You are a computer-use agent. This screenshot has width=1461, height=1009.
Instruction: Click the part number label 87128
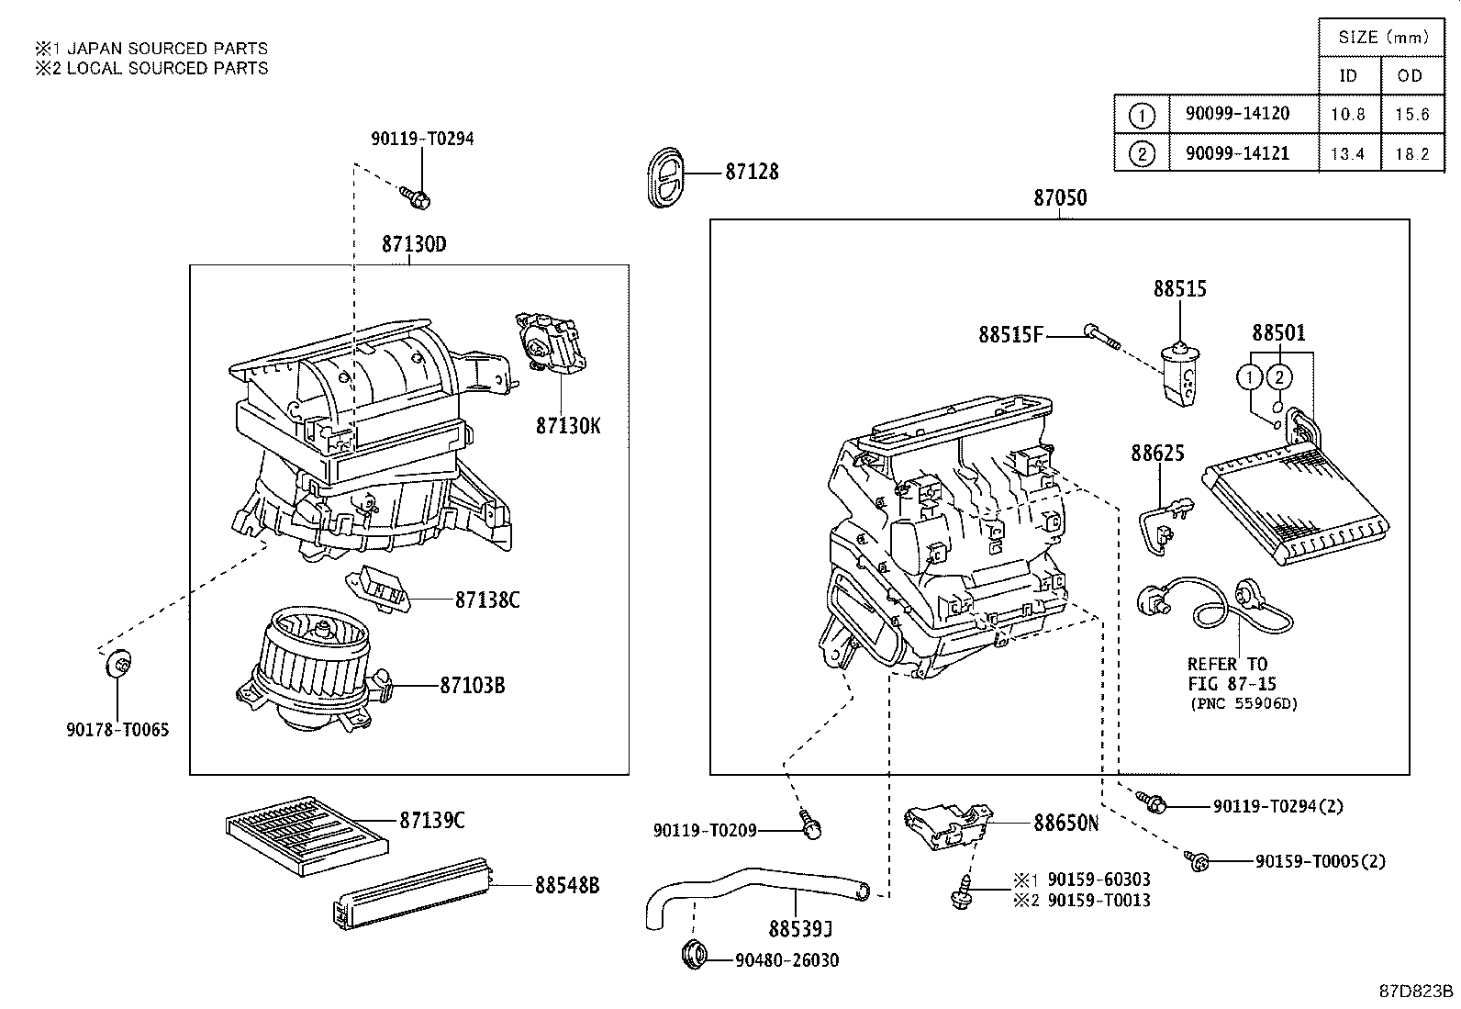(752, 172)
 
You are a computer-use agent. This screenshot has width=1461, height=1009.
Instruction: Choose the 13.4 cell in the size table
(1347, 153)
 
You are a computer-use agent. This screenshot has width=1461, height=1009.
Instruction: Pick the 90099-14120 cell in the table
(1243, 114)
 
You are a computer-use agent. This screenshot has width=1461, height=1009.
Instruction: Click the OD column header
(1409, 75)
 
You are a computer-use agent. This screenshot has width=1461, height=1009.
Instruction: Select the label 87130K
(568, 425)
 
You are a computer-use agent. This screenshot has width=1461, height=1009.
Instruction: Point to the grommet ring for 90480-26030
(697, 954)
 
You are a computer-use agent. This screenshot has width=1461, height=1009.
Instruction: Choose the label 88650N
(1065, 823)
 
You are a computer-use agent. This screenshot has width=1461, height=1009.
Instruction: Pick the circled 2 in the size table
(1142, 153)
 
